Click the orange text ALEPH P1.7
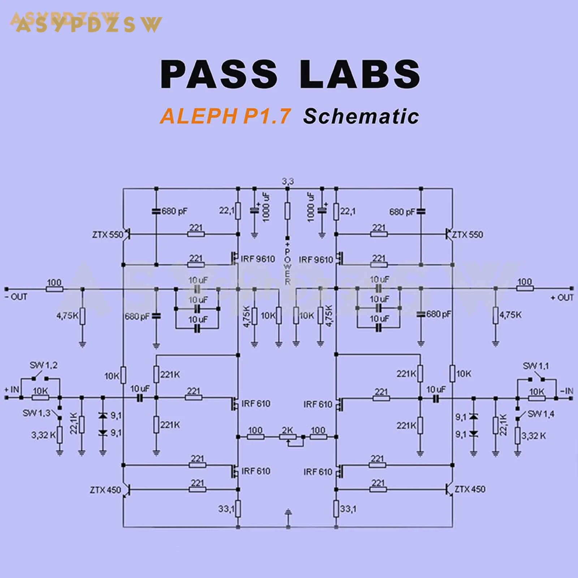(x=225, y=116)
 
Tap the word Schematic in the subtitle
(x=361, y=116)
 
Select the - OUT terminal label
(x=16, y=297)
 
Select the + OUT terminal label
(x=562, y=298)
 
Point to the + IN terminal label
(x=12, y=389)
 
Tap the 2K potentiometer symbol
(x=288, y=437)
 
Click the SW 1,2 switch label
(x=43, y=365)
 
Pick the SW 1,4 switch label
(x=541, y=414)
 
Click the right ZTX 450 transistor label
(x=470, y=489)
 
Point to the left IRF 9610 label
(x=258, y=259)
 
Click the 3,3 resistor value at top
(x=288, y=181)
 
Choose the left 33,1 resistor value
(x=226, y=509)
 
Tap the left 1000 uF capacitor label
(x=267, y=207)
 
